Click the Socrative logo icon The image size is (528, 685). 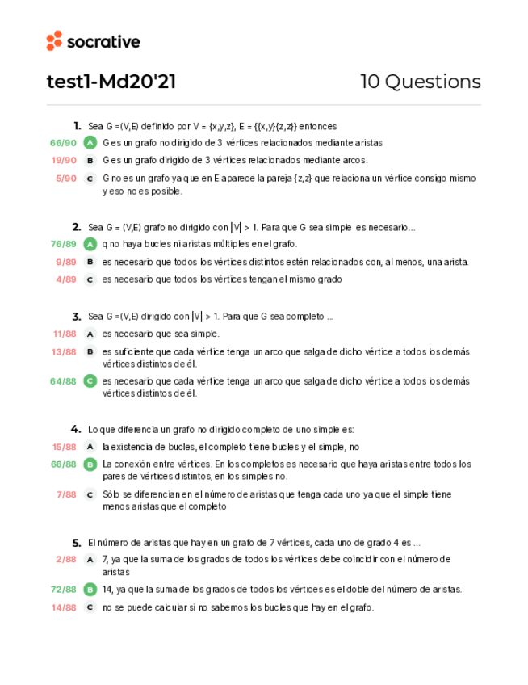[x=54, y=41]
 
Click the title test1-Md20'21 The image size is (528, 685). [x=111, y=82]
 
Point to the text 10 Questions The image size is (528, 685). [x=420, y=82]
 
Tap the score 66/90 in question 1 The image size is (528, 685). [x=64, y=143]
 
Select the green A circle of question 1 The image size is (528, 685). [x=90, y=143]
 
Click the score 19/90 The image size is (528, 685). [x=64, y=161]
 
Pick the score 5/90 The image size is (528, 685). [x=66, y=179]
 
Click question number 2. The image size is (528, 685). [x=76, y=228]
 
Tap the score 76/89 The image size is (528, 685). [x=64, y=244]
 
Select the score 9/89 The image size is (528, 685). [x=66, y=262]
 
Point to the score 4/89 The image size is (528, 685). [x=66, y=279]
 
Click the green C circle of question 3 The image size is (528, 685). [x=90, y=381]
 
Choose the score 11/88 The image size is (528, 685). [x=64, y=334]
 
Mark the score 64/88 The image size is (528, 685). [x=64, y=381]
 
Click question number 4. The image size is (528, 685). [x=76, y=429]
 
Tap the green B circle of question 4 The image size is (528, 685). [x=90, y=464]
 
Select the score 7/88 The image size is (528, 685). [x=66, y=494]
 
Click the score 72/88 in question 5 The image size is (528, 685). [x=64, y=590]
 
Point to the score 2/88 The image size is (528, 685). [x=66, y=559]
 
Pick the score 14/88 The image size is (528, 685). [x=64, y=607]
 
